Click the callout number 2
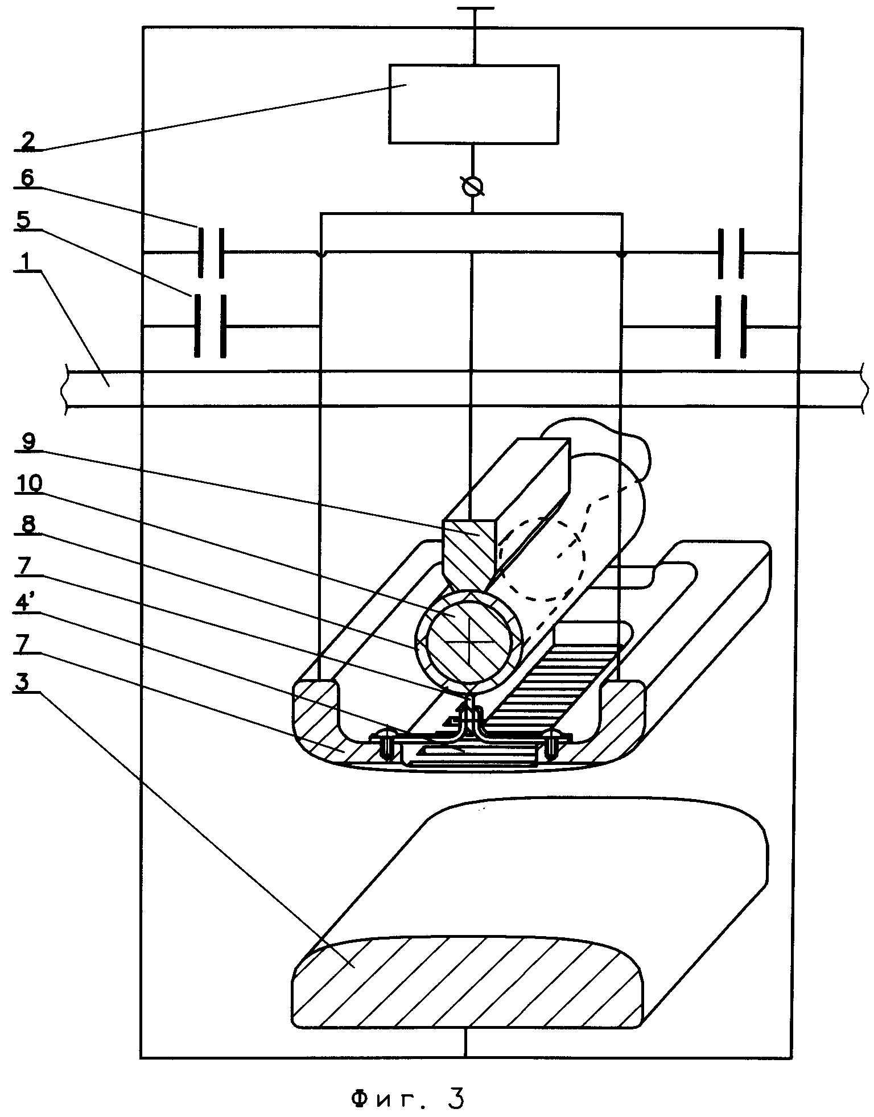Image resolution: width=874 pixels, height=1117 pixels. coord(27,140)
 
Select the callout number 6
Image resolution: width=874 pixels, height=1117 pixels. coord(27,179)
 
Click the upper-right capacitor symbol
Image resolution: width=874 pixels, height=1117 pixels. coord(731,253)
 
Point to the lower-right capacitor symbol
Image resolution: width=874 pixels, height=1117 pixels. coord(731,327)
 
